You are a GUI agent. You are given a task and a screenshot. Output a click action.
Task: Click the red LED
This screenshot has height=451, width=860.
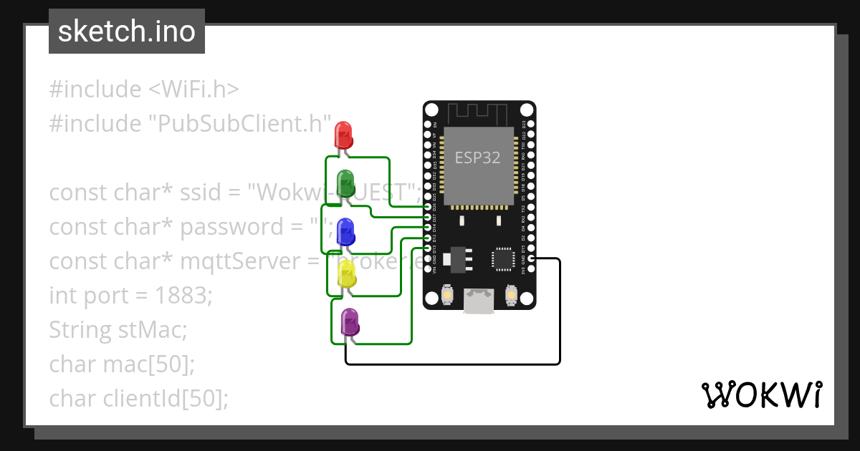(x=343, y=135)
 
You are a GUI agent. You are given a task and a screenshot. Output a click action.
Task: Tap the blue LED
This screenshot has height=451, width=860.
(x=345, y=231)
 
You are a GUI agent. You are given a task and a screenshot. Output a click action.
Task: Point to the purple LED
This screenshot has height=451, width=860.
(x=350, y=322)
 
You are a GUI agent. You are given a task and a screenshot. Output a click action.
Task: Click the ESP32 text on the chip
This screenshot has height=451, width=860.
(x=478, y=157)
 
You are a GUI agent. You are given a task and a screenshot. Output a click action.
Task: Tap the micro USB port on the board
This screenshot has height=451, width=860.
(x=479, y=301)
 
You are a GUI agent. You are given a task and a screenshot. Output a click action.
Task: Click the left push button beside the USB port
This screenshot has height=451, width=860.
(x=446, y=294)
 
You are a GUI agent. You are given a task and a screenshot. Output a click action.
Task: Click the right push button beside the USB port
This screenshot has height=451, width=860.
(x=511, y=294)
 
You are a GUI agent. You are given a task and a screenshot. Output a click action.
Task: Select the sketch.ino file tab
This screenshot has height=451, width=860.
(x=127, y=31)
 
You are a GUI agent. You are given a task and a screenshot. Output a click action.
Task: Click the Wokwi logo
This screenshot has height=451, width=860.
(x=760, y=395)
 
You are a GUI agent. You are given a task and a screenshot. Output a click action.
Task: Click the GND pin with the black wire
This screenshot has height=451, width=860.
(x=531, y=258)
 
